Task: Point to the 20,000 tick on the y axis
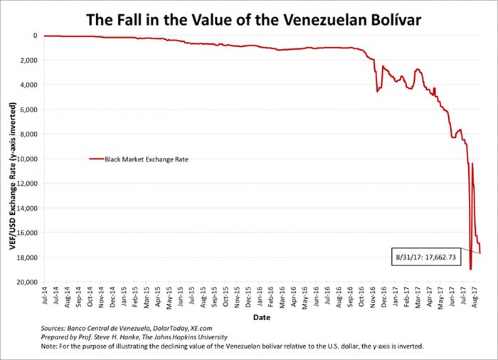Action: click(x=27, y=282)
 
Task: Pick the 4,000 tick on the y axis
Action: click(x=29, y=85)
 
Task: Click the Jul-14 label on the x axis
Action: click(x=46, y=298)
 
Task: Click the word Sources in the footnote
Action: click(x=58, y=327)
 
